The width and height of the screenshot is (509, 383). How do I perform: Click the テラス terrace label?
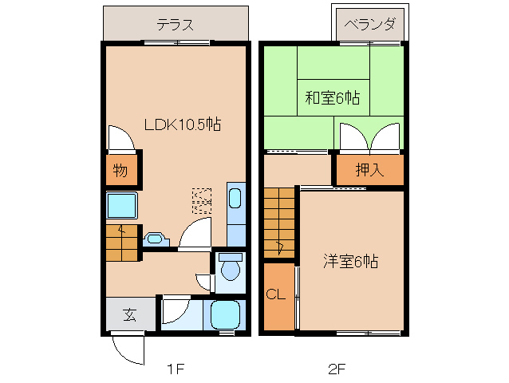175,24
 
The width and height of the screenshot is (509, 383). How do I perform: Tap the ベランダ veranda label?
369,24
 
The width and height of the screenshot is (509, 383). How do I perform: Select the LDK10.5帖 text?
182,124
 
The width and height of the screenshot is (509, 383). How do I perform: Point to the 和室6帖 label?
332,98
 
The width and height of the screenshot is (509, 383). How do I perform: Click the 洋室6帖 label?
350,260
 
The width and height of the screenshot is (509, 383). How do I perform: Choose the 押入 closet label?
368,169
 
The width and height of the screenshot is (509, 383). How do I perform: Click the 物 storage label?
120,170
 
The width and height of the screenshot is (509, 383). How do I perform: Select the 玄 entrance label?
128,314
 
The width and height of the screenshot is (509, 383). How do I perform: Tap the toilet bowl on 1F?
230,269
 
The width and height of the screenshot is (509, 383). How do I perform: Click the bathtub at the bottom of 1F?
226,314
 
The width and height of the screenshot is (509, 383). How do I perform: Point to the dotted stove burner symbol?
202,201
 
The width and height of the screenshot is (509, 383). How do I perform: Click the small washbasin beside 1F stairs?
156,238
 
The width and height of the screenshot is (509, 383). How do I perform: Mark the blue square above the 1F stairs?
123,207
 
